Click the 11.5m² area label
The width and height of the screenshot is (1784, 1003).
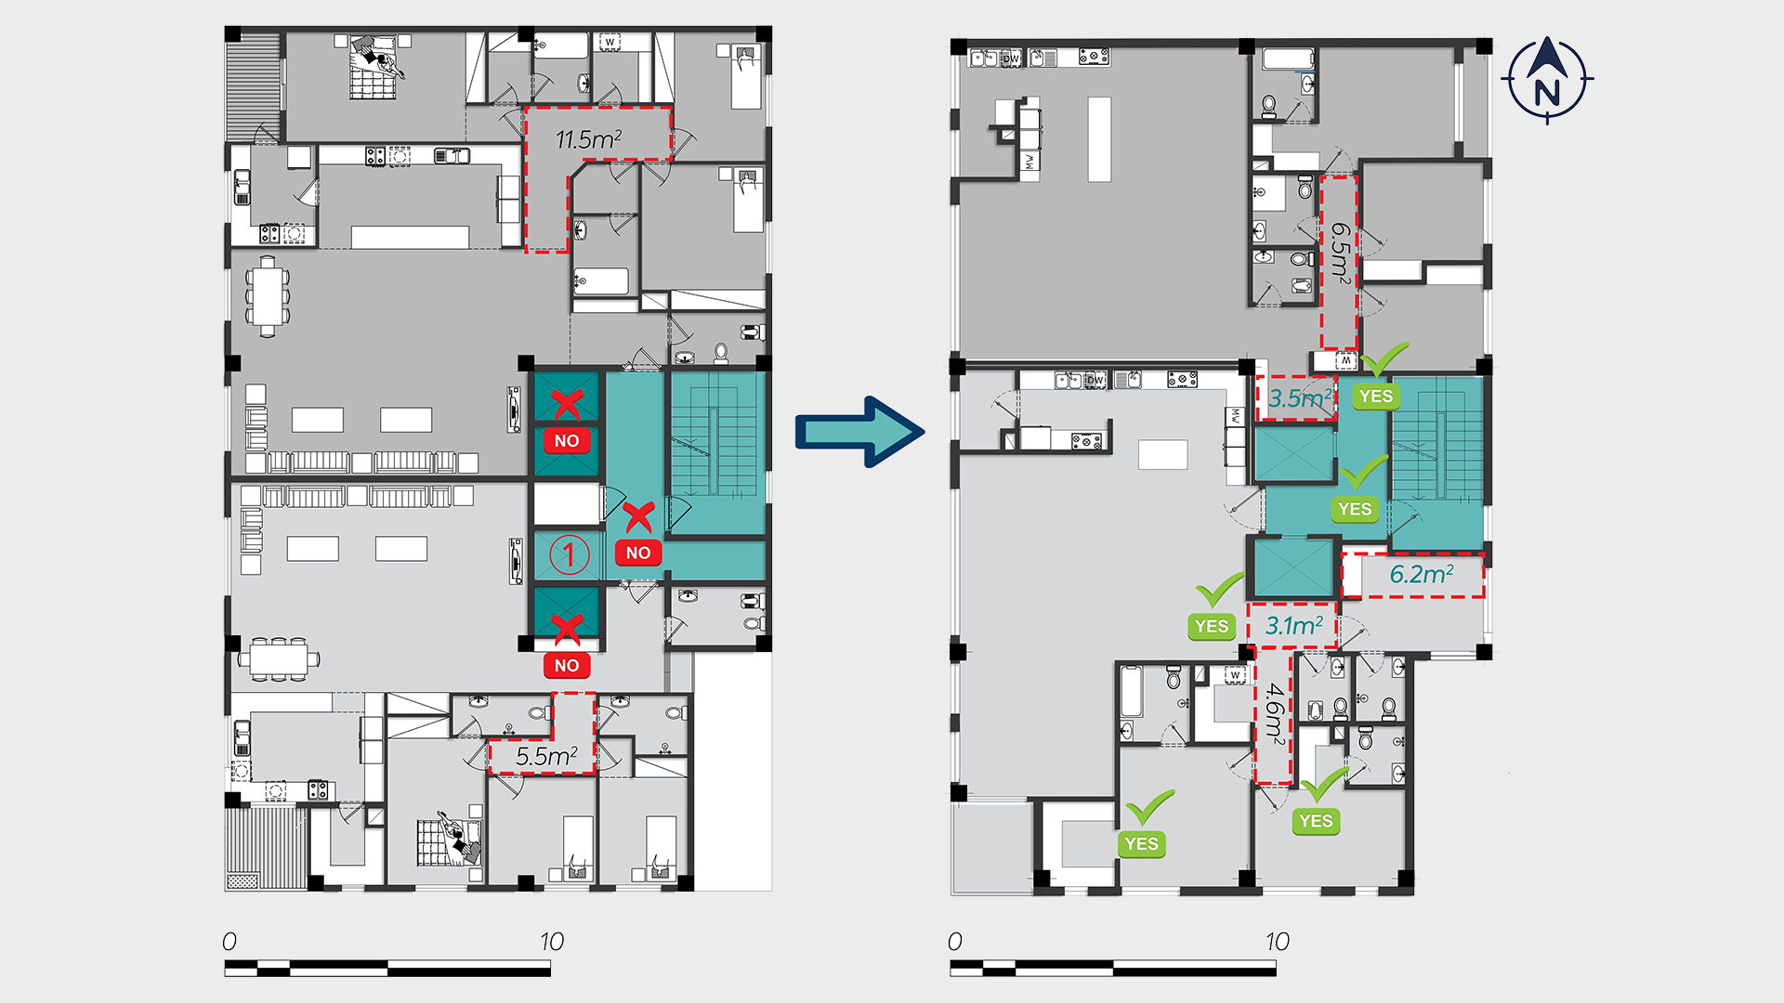(588, 140)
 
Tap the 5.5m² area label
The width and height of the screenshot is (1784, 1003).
(546, 757)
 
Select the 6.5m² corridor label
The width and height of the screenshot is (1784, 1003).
(1340, 251)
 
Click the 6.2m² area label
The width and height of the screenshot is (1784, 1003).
(1421, 575)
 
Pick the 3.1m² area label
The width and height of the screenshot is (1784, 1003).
(1293, 627)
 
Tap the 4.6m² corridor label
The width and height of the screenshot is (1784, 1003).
(1274, 714)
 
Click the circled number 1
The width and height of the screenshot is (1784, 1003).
(569, 554)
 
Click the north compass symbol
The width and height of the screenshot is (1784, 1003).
(1547, 80)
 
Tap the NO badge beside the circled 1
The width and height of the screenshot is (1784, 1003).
(638, 554)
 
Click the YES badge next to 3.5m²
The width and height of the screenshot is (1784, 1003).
(1376, 397)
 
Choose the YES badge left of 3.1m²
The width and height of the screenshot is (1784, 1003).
(1212, 627)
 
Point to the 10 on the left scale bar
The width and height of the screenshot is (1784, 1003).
(552, 942)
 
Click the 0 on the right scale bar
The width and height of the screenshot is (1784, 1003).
(954, 942)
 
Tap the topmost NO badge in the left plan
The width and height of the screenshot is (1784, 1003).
(567, 441)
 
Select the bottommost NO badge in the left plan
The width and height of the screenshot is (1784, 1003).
(567, 666)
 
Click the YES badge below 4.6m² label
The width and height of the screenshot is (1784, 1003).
(1316, 821)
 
